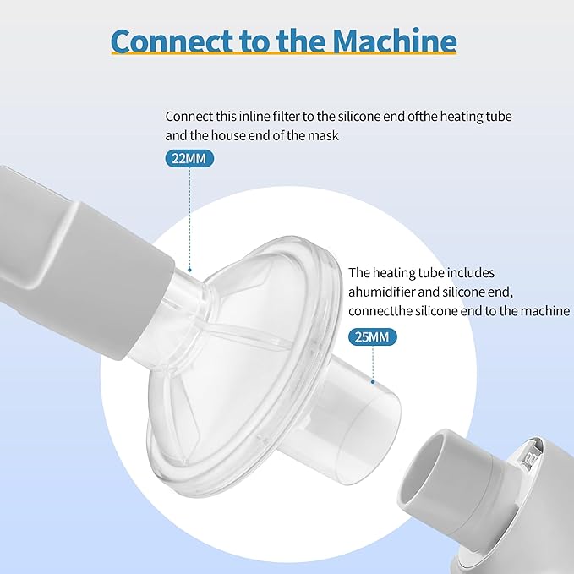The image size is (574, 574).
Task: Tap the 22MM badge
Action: point(189,159)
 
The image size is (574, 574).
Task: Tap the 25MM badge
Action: point(372,336)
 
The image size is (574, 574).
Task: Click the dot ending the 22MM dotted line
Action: point(189,271)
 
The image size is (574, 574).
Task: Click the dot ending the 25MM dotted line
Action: point(373,382)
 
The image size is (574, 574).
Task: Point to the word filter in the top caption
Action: point(286,117)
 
